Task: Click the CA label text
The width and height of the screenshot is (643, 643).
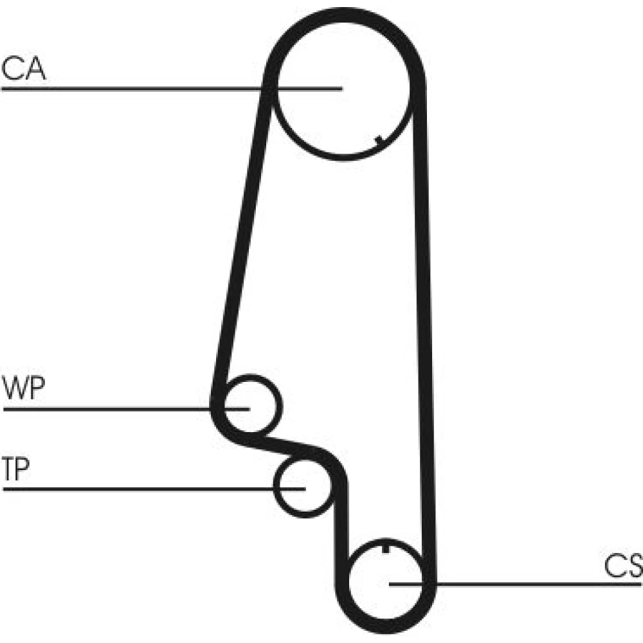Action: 24,69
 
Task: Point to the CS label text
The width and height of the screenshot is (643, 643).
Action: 622,566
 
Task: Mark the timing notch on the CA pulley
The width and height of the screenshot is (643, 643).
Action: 379,139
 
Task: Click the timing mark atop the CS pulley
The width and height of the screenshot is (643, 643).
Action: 385,548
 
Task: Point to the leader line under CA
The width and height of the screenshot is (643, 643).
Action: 129,88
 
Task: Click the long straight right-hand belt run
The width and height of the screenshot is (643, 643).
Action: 424,321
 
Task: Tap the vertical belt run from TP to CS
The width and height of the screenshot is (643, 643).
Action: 340,527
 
